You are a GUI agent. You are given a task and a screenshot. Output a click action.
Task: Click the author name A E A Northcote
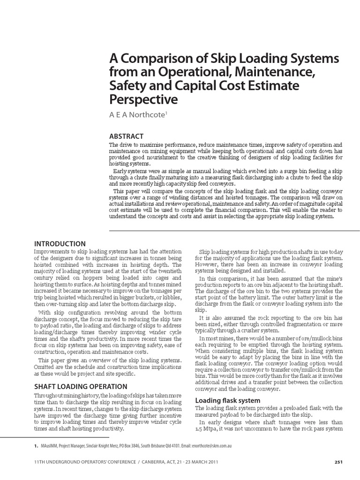point(137,114)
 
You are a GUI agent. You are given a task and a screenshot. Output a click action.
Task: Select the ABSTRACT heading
point(126,136)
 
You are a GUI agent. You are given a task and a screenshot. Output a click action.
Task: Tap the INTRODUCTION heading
point(60,244)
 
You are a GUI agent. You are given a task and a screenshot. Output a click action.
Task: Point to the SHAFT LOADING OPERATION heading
point(81,386)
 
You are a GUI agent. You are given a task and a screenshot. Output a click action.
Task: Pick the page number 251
point(339,462)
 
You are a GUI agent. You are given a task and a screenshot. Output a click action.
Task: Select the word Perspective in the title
point(143,99)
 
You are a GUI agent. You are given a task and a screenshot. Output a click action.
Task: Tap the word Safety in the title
point(125,86)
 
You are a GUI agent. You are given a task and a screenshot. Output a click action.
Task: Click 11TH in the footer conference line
point(41,462)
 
